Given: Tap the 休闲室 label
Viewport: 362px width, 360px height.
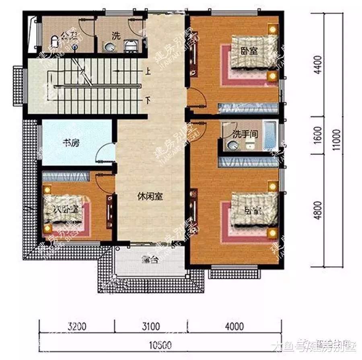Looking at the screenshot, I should [150, 197].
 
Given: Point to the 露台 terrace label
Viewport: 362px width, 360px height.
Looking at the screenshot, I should [150, 259].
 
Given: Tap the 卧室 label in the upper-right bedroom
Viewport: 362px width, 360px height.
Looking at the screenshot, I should [250, 51].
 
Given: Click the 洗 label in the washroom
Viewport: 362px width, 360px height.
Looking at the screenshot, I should [116, 35].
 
